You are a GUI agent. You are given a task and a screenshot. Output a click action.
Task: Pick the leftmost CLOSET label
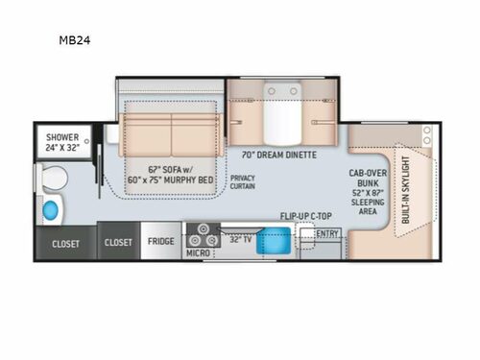65,242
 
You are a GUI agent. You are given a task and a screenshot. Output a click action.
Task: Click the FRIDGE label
159,242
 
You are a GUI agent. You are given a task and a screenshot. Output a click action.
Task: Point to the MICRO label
198,252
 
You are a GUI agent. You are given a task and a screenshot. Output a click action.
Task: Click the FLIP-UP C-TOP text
305,216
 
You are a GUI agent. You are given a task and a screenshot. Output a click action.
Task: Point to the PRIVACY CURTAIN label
243,183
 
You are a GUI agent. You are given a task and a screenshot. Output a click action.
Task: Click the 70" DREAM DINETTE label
281,154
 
